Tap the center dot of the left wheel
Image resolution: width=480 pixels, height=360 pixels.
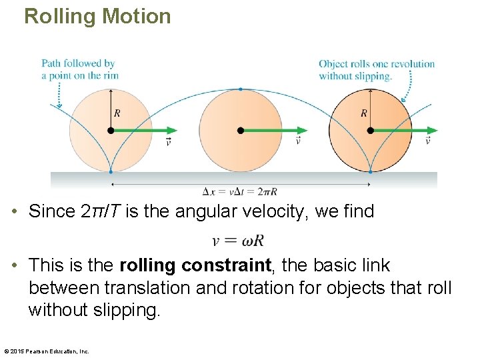point(111,131)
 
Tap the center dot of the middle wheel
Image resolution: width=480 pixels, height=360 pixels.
point(241,131)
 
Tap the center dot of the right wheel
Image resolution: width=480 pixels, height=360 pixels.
point(370,131)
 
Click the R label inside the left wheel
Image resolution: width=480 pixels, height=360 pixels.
point(117,113)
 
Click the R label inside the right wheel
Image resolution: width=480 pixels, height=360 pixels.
point(364,113)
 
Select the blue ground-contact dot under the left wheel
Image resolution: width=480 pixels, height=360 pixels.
point(111,172)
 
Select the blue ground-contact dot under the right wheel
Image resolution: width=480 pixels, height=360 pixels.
point(370,172)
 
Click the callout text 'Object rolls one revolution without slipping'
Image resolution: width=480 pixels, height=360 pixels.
point(376,69)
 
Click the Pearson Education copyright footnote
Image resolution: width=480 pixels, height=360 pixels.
point(47,351)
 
